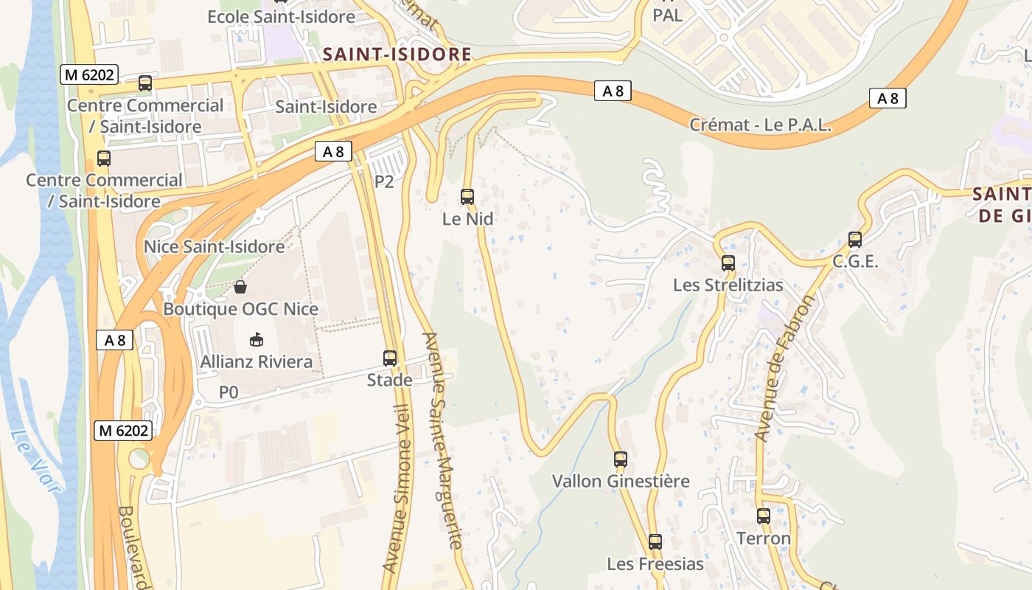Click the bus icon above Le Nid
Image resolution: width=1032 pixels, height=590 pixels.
(x=467, y=197)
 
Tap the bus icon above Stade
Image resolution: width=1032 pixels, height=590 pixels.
(x=390, y=358)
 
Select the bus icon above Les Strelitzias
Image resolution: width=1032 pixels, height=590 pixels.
(x=728, y=263)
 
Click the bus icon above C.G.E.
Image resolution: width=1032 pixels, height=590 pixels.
(x=855, y=240)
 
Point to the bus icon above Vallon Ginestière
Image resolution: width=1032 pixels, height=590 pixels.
(x=621, y=459)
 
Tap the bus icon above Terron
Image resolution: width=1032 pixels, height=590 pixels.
(x=764, y=516)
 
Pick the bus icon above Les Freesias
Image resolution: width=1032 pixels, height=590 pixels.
(x=655, y=542)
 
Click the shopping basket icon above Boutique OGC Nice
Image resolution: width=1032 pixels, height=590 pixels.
(x=240, y=286)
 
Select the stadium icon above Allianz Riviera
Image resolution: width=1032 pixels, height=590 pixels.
(x=256, y=339)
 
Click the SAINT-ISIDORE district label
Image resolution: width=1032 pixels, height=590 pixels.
(x=397, y=55)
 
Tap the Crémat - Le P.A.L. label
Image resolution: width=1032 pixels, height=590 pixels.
(x=760, y=125)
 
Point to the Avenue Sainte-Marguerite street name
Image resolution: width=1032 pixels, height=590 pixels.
(x=442, y=440)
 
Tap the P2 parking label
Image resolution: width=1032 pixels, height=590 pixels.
(x=384, y=181)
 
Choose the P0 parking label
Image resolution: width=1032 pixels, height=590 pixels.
(x=229, y=392)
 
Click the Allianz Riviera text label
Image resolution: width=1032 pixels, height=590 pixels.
(x=257, y=362)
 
